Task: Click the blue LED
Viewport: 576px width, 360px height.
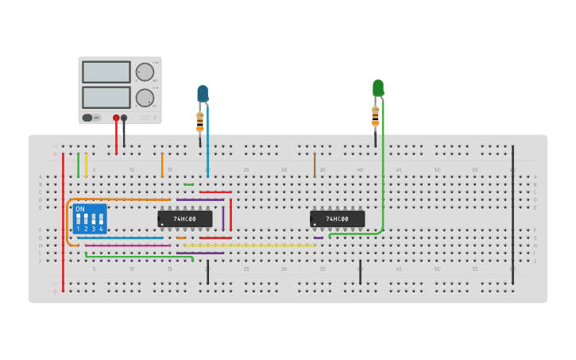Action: coord(203,93)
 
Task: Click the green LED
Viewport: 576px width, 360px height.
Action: coord(378,87)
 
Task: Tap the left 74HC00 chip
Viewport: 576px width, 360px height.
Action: coord(185,219)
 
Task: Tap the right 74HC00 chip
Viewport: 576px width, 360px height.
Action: coord(338,219)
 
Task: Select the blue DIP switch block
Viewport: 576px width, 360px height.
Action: coord(89,219)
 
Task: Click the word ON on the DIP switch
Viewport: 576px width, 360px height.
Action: coord(79,210)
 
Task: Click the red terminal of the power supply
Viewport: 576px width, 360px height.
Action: coord(116,118)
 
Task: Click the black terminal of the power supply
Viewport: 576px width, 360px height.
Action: coord(124,118)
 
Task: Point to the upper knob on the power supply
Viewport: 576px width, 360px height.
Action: coord(145,72)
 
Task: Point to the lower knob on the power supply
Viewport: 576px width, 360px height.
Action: coord(145,98)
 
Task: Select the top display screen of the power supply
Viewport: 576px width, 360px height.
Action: coord(106,72)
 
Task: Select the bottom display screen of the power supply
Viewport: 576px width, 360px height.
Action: coord(106,97)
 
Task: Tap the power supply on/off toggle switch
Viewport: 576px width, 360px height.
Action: coord(87,118)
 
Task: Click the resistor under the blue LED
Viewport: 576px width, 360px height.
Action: coord(200,122)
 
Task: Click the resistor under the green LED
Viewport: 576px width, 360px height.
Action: coord(375,116)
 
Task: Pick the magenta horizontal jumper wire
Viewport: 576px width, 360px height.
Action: coord(127,246)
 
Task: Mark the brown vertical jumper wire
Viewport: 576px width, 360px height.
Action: coord(315,165)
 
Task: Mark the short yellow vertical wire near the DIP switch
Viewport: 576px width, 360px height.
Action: coord(86,165)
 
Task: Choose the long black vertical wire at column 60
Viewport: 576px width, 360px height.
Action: coord(512,207)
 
